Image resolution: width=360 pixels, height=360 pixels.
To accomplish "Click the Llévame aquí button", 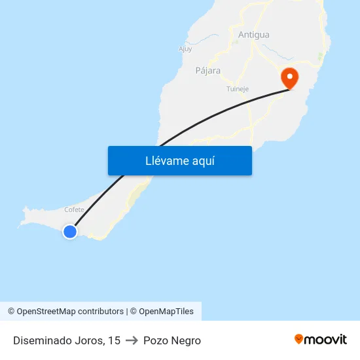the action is [179, 160].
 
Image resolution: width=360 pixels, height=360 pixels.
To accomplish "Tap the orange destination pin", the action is [289, 79].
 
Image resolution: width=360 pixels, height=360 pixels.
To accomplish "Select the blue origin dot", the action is [69, 231].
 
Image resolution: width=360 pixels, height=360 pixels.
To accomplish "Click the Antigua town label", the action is [254, 35].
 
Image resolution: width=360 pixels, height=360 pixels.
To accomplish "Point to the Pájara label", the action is [207, 71].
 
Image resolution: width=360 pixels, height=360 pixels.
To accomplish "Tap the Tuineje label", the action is [238, 89].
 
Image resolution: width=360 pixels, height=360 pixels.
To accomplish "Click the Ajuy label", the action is [185, 48].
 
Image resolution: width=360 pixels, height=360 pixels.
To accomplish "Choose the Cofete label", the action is [75, 209].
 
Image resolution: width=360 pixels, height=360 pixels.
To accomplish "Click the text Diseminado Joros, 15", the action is [67, 340].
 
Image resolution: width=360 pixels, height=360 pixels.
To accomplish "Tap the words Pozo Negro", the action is [172, 340].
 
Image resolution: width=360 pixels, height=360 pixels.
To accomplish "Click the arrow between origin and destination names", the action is [132, 340].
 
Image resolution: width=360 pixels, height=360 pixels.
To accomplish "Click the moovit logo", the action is [321, 339].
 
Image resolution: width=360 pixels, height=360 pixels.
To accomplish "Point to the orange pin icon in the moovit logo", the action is [299, 339].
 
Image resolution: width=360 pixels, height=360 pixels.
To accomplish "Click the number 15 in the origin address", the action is [115, 340].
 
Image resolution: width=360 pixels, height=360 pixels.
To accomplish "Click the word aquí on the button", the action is [203, 160].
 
